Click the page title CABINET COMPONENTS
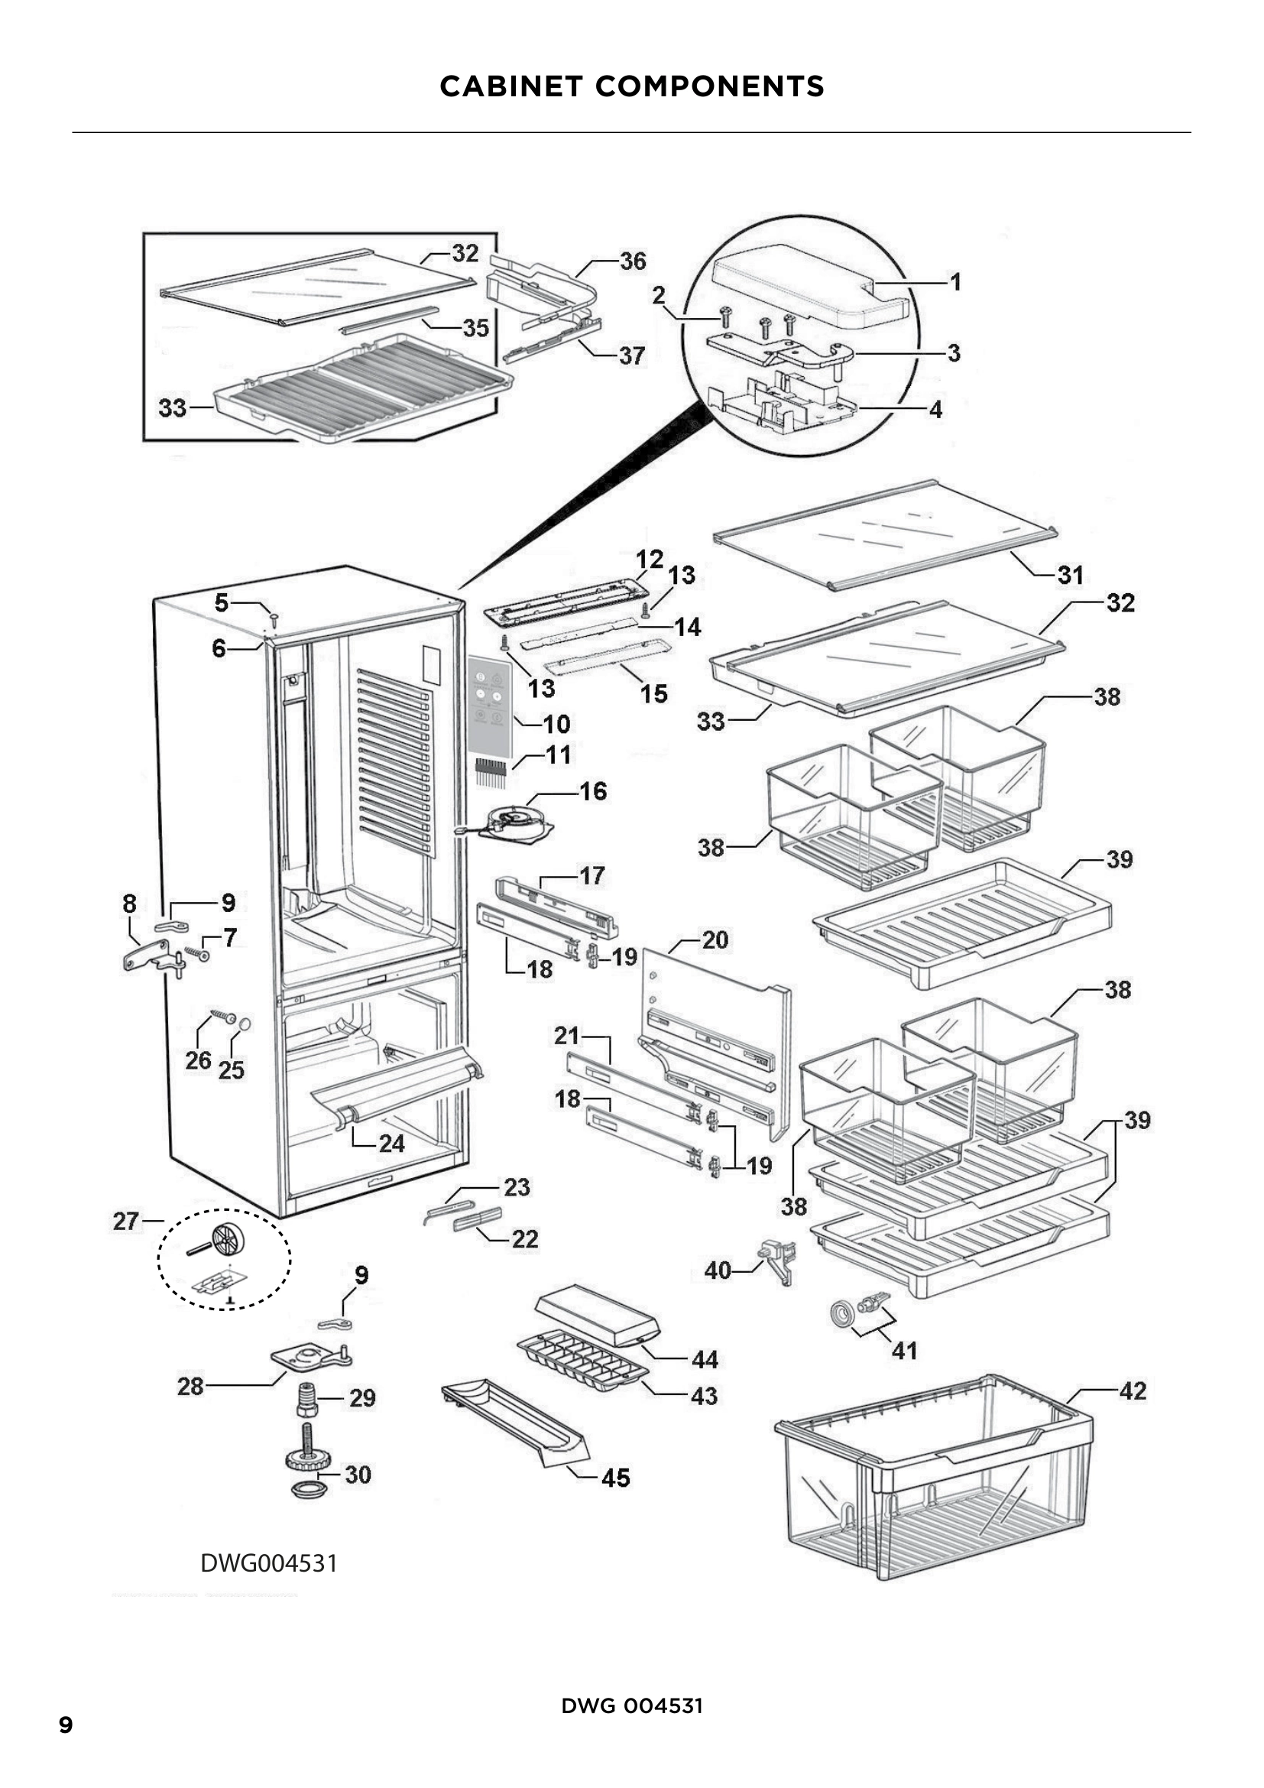[x=631, y=86]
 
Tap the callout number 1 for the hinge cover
[x=956, y=281]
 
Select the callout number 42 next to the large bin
[x=1133, y=1390]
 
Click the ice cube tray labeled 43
[x=582, y=1358]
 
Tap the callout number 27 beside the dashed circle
[x=125, y=1221]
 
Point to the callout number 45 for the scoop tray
[x=615, y=1478]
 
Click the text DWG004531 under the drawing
[x=268, y=1563]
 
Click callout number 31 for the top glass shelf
[x=1070, y=576]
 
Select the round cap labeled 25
[x=245, y=1024]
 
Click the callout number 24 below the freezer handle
[x=391, y=1144]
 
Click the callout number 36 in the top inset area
[x=633, y=261]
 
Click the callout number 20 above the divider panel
[x=715, y=940]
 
